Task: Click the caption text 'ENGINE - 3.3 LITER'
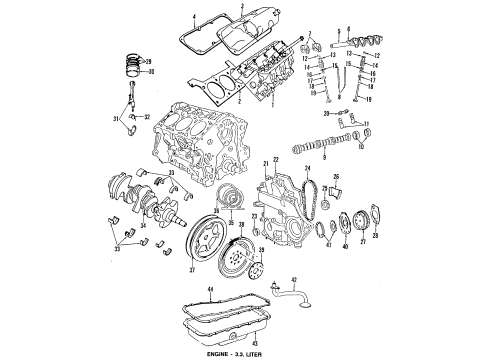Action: tap(244, 354)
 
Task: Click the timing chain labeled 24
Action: tap(312, 189)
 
